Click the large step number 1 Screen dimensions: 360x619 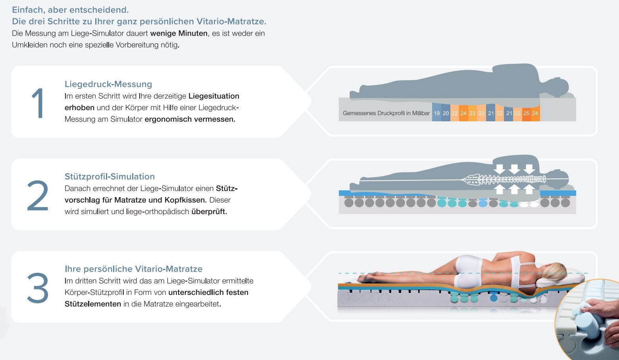pos(38,103)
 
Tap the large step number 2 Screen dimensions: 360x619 pos(38,196)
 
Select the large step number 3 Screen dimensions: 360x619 pos(38,288)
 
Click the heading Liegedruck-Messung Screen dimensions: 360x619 pos(108,84)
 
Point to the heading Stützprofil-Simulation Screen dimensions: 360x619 pos(110,176)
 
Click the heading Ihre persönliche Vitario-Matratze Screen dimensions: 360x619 pos(133,269)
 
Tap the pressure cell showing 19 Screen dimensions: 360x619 pos(436,113)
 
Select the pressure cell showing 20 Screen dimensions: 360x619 pos(446,113)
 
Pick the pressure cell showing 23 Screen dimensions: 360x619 pos(472,113)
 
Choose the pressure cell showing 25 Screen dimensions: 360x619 pos(526,113)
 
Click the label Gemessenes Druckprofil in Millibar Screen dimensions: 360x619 pos(386,113)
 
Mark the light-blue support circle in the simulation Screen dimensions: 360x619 pos(483,204)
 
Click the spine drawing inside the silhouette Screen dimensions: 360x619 pos(504,180)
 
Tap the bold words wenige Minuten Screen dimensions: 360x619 pos(179,33)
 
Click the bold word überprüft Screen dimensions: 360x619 pos(209,211)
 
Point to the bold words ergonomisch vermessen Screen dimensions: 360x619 pos(190,119)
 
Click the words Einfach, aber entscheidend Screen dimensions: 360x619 pos(70,10)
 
